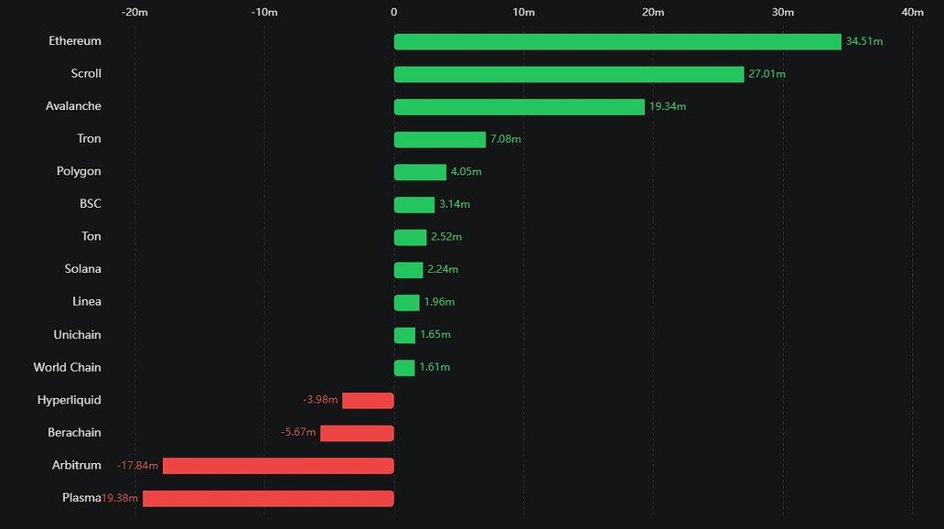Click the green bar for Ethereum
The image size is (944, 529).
pos(617,41)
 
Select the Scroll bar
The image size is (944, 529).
pos(569,74)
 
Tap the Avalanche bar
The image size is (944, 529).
pos(520,107)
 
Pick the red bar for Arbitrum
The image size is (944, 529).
pos(278,466)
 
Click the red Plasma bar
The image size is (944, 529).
pos(268,499)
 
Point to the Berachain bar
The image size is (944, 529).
pos(357,433)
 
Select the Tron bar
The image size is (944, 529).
pos(440,139)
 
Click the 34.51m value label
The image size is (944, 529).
pos(864,41)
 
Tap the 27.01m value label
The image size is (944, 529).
pos(767,74)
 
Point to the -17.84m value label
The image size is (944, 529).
pos(137,466)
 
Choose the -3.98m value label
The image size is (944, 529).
pos(320,400)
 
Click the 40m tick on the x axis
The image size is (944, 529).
pos(912,12)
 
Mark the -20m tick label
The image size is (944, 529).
pos(134,12)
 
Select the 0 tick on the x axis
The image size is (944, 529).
pos(394,12)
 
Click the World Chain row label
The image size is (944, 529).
pos(68,367)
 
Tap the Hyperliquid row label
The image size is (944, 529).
pos(70,400)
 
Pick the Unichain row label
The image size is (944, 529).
pos(77,335)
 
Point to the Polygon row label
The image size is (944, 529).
pos(79,171)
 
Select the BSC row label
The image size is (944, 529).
pos(91,204)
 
